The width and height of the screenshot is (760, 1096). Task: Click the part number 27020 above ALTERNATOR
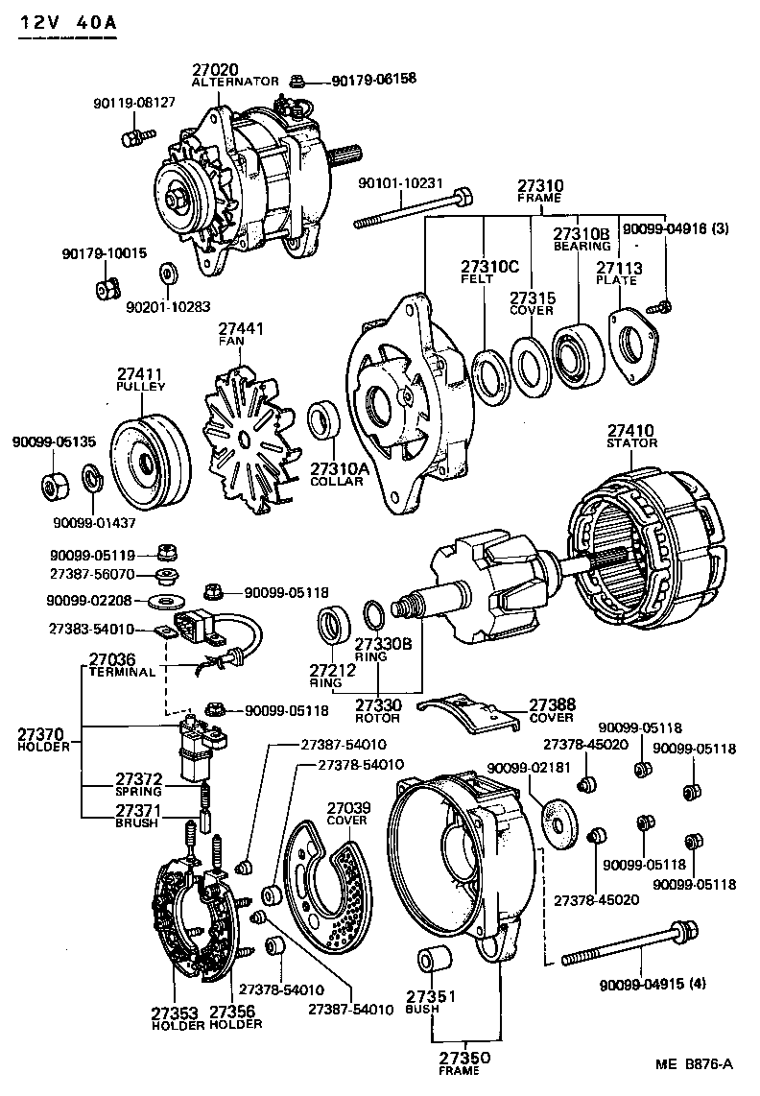(x=216, y=70)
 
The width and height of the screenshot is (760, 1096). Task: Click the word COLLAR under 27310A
(x=336, y=481)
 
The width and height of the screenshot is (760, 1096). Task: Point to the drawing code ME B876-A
(x=695, y=1063)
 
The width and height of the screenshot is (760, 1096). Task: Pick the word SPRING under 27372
(x=138, y=792)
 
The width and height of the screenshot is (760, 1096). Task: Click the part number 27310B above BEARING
(x=581, y=233)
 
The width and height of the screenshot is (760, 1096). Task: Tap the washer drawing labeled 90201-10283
(x=167, y=274)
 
